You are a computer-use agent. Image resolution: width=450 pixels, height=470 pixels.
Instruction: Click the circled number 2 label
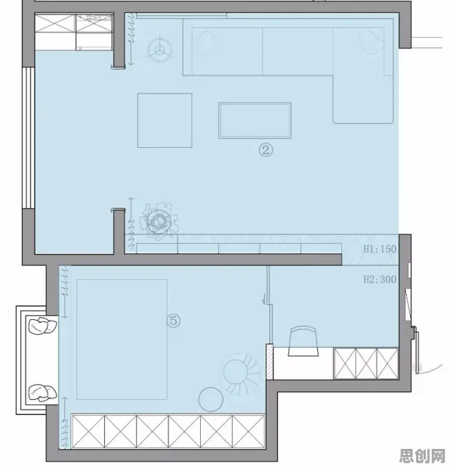click(266, 150)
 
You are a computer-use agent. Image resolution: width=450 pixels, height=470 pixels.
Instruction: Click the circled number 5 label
click(174, 321)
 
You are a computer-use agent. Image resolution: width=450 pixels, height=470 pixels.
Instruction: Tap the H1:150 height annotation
click(380, 249)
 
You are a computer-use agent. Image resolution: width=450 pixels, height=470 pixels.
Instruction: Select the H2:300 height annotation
click(380, 279)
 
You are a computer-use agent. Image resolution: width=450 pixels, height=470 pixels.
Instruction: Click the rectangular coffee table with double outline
click(254, 121)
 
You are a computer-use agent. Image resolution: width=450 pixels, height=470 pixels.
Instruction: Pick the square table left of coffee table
click(165, 121)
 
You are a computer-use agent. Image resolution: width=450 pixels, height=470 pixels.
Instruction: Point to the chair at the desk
click(304, 342)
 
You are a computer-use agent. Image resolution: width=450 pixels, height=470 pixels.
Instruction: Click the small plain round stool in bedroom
click(211, 400)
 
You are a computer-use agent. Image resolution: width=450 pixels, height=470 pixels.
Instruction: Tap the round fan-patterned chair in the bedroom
click(240, 373)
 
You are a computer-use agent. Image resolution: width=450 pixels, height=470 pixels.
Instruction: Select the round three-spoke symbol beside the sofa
click(160, 50)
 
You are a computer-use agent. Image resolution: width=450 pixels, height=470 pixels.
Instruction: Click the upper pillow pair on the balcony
click(42, 326)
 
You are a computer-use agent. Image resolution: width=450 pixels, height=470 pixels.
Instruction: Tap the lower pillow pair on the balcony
click(42, 393)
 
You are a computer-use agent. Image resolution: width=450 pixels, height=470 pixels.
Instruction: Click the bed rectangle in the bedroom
click(122, 339)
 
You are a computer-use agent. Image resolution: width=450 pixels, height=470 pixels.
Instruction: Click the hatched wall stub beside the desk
click(270, 362)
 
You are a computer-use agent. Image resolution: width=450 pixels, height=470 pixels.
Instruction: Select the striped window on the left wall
click(29, 137)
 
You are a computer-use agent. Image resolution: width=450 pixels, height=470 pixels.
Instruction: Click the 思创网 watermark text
click(422, 456)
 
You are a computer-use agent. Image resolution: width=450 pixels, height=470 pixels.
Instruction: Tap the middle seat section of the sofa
click(297, 51)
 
